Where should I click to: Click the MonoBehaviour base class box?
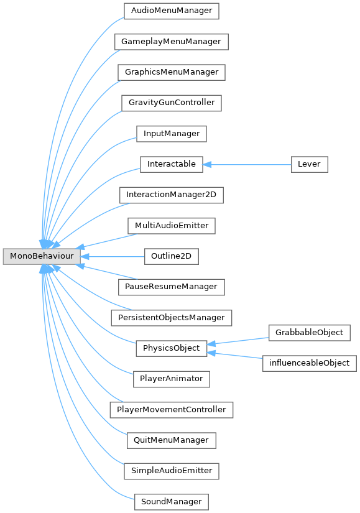coord(42,256)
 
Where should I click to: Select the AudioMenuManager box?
coord(172,11)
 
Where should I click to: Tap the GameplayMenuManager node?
coord(172,42)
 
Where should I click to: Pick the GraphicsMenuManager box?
coord(172,72)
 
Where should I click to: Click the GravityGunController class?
coord(172,103)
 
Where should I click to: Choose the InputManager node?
coord(172,134)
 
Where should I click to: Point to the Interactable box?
coord(172,164)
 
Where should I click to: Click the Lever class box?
coord(309,164)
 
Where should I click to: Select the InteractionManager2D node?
coord(172,195)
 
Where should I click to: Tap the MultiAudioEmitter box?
coord(172,226)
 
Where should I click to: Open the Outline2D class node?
coord(172,256)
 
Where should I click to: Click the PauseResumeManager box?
coord(172,287)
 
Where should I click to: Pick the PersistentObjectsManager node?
coord(172,318)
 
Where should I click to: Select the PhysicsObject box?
coord(172,348)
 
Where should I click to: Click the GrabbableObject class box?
coord(309,333)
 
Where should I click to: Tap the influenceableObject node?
coord(309,363)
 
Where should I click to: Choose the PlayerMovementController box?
coord(172,410)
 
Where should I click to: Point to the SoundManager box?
coord(172,502)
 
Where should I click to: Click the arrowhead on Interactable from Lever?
coord(207,165)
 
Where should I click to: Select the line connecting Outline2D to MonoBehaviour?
coord(113,256)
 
